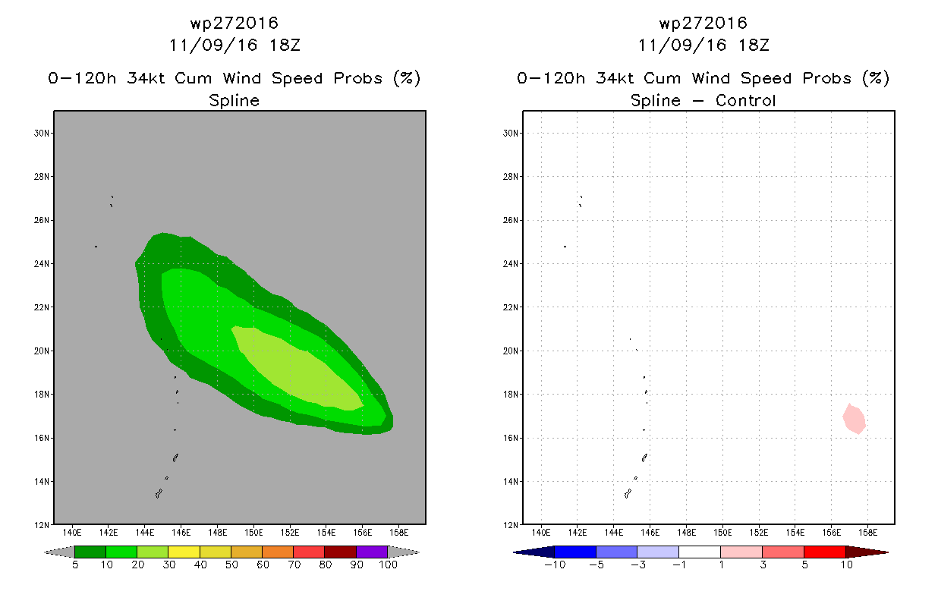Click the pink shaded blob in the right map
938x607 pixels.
[x=855, y=419]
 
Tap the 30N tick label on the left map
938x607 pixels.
[x=42, y=133]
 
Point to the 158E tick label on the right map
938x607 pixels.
[x=867, y=533]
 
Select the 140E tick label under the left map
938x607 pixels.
[x=72, y=533]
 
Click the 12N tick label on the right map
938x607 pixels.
[x=511, y=525]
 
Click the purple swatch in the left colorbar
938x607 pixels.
[x=372, y=552]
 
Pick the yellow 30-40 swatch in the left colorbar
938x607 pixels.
[x=184, y=552]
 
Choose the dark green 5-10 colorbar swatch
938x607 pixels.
[x=90, y=552]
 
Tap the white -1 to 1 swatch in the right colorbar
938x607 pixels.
[x=700, y=552]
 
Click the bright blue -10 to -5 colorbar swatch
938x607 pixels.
[x=575, y=552]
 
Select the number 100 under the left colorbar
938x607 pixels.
[x=388, y=565]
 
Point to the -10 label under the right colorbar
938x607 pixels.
[x=555, y=565]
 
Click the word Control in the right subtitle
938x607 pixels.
[x=745, y=100]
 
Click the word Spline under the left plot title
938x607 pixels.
[x=234, y=101]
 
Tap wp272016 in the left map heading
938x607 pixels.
[x=234, y=24]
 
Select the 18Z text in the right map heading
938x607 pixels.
[x=754, y=45]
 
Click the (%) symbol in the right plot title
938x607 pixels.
[x=876, y=78]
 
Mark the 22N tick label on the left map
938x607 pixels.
[x=42, y=307]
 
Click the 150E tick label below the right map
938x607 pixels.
[x=722, y=533]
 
